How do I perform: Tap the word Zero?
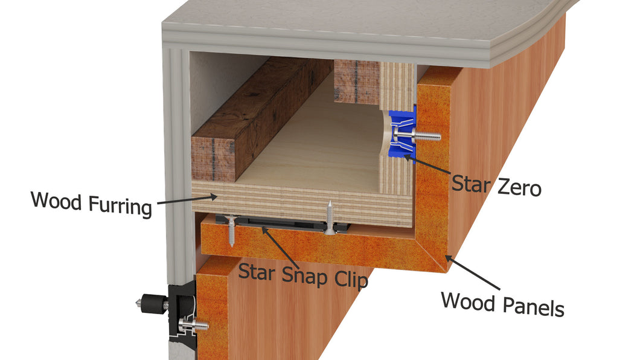511,187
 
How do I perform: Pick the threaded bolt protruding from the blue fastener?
429,136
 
